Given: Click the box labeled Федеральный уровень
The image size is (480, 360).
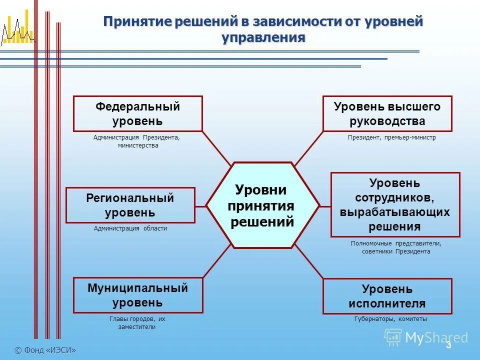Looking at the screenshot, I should [137, 114].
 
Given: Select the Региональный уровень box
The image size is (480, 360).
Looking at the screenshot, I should [130, 205].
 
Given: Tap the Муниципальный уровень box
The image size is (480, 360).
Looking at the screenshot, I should [137, 295].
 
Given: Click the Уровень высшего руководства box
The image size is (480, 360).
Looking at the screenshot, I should [387, 114].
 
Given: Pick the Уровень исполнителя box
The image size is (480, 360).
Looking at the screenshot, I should [387, 296].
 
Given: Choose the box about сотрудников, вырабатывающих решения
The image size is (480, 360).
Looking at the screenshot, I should [395, 204].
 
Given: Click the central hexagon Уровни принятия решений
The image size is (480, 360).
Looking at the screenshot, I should [262, 205].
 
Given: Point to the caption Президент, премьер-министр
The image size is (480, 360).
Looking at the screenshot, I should [392, 137].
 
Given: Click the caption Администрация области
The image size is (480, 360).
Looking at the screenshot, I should [130, 228].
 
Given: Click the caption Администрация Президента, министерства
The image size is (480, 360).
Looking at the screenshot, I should [136, 141].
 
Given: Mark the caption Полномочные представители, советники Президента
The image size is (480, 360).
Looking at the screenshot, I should [396, 247].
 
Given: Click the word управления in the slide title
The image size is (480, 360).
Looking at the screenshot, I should [263, 38].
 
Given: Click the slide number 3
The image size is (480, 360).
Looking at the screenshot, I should [448, 345].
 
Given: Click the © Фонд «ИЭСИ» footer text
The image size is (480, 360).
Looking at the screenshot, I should [45, 350].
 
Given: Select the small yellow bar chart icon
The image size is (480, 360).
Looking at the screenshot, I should [17, 31].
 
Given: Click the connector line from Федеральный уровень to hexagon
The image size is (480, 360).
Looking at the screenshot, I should [217, 148].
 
